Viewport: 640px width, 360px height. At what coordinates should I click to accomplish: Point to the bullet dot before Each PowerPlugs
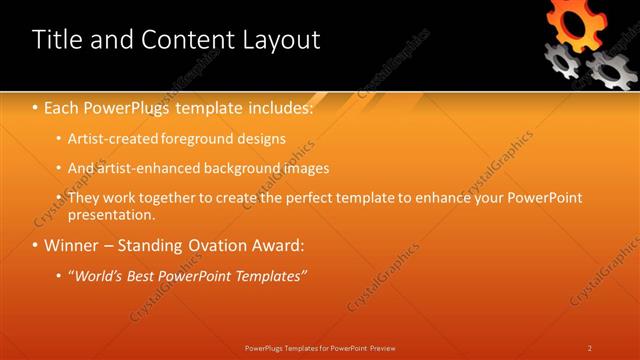[36, 106]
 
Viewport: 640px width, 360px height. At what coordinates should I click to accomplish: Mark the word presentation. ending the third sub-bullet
[111, 214]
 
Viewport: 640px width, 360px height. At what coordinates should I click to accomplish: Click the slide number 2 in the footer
[590, 348]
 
